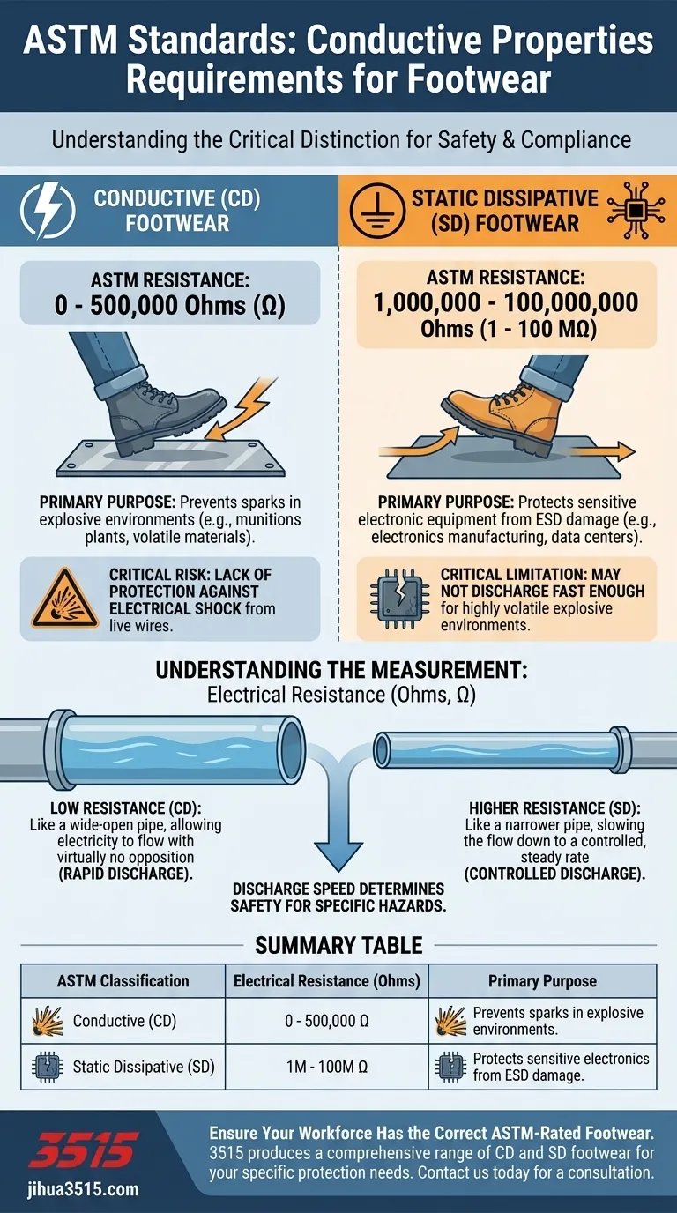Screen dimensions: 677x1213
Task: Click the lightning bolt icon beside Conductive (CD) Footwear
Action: (x=48, y=211)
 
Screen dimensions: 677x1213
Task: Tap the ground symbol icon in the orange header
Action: (x=377, y=211)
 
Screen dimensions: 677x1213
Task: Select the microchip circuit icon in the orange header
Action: (x=636, y=210)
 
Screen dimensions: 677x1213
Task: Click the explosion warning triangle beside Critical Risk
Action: (x=65, y=599)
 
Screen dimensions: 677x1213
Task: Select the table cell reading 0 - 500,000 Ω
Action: (x=327, y=1021)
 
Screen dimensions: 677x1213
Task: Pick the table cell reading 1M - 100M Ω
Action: (x=327, y=1067)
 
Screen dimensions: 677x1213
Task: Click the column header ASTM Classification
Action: (x=123, y=980)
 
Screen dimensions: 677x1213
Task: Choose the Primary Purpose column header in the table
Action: (x=542, y=980)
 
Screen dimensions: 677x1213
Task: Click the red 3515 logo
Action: (x=84, y=1150)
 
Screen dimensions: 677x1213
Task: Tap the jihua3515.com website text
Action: (x=84, y=1189)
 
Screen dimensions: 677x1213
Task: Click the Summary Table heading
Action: (x=338, y=946)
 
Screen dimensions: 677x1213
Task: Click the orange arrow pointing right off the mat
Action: (x=602, y=451)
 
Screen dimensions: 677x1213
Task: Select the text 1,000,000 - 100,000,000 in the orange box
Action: (x=506, y=302)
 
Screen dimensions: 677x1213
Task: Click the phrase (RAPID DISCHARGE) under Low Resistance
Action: (x=126, y=874)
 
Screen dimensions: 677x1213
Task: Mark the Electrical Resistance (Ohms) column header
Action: (x=326, y=980)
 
